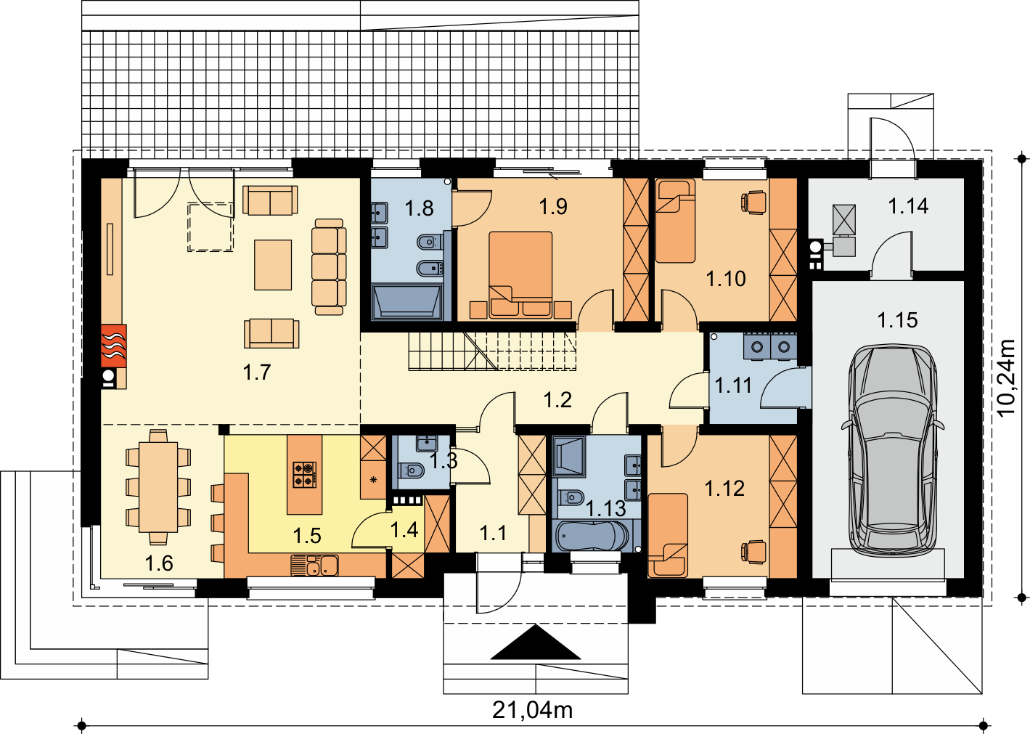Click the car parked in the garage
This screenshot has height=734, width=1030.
click(x=893, y=450)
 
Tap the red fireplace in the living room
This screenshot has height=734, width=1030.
click(x=113, y=346)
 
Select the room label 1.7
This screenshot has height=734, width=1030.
click(x=256, y=372)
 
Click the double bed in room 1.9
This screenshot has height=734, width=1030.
click(x=520, y=275)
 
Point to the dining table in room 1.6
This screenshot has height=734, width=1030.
click(x=158, y=486)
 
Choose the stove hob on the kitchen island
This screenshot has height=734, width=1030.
click(x=304, y=475)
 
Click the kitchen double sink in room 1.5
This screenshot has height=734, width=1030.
click(x=314, y=566)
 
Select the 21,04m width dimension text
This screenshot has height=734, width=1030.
click(x=533, y=711)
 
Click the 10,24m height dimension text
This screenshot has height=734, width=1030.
click(x=1006, y=378)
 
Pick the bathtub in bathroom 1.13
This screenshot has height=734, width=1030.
click(x=592, y=536)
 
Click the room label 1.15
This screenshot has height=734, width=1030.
click(x=898, y=320)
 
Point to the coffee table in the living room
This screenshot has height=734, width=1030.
click(x=273, y=264)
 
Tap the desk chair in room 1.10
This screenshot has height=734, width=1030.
click(x=753, y=203)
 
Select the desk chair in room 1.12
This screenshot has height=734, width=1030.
click(x=753, y=552)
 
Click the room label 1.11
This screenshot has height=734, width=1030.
click(x=733, y=385)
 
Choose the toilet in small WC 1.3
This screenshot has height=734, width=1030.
click(x=412, y=470)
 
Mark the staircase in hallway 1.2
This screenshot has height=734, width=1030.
click(x=492, y=351)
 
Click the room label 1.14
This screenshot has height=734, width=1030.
click(x=908, y=206)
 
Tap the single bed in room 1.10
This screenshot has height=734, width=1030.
click(x=675, y=221)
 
